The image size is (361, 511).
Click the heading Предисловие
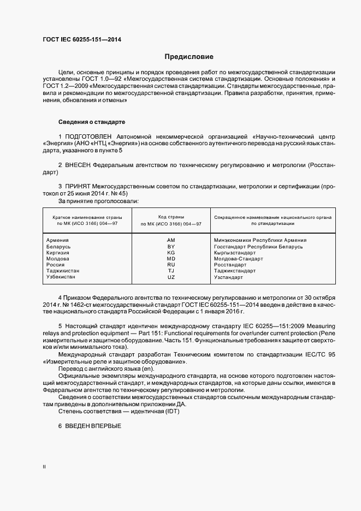coord(190,57)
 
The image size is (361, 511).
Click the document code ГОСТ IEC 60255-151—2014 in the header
coord(82,39)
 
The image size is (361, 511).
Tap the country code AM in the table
coord(171,240)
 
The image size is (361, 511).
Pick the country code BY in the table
coord(171,247)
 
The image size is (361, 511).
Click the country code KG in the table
coord(171,253)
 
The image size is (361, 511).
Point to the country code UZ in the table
coord(171,277)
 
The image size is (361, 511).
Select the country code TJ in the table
coord(171,271)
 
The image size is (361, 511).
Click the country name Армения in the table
coord(58,240)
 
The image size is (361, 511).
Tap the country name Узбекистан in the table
coord(62,277)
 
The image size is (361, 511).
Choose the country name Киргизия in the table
coord(59,253)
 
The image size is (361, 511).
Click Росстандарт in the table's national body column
coord(232,265)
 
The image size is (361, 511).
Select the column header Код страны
coord(171,217)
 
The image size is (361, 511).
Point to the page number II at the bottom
coord(44,467)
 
